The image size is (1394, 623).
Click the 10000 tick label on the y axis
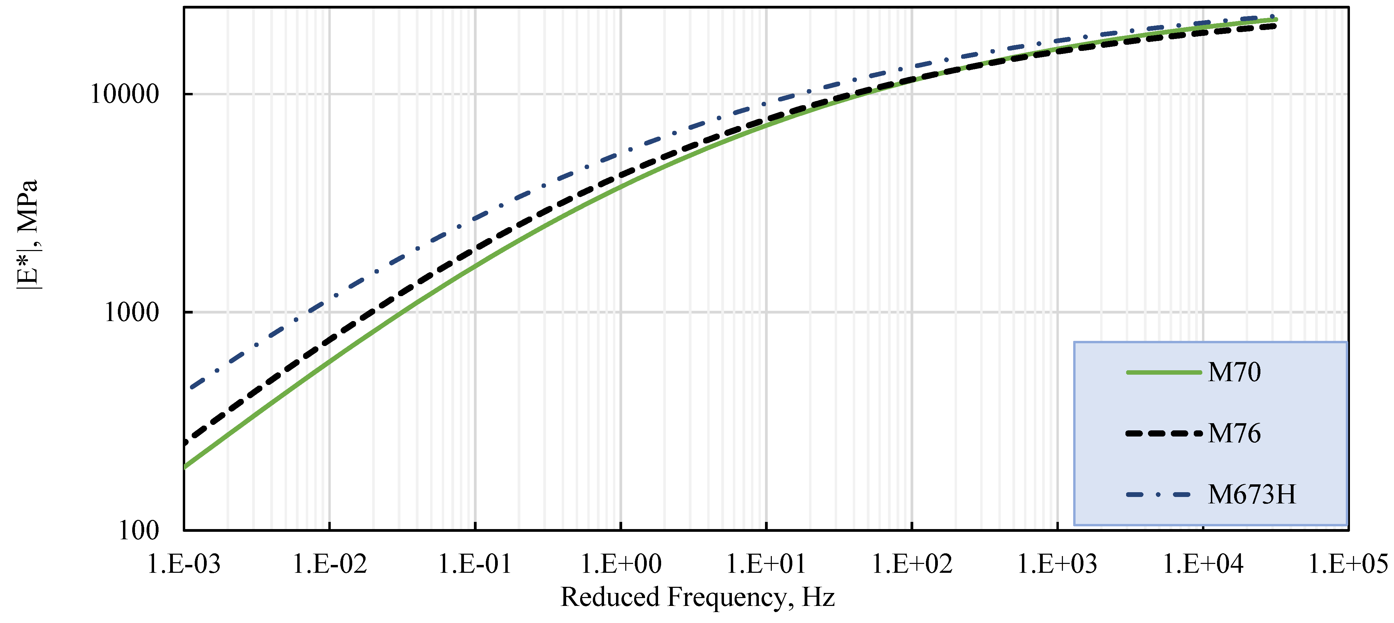coord(124,94)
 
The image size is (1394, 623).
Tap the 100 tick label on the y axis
coord(138,530)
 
